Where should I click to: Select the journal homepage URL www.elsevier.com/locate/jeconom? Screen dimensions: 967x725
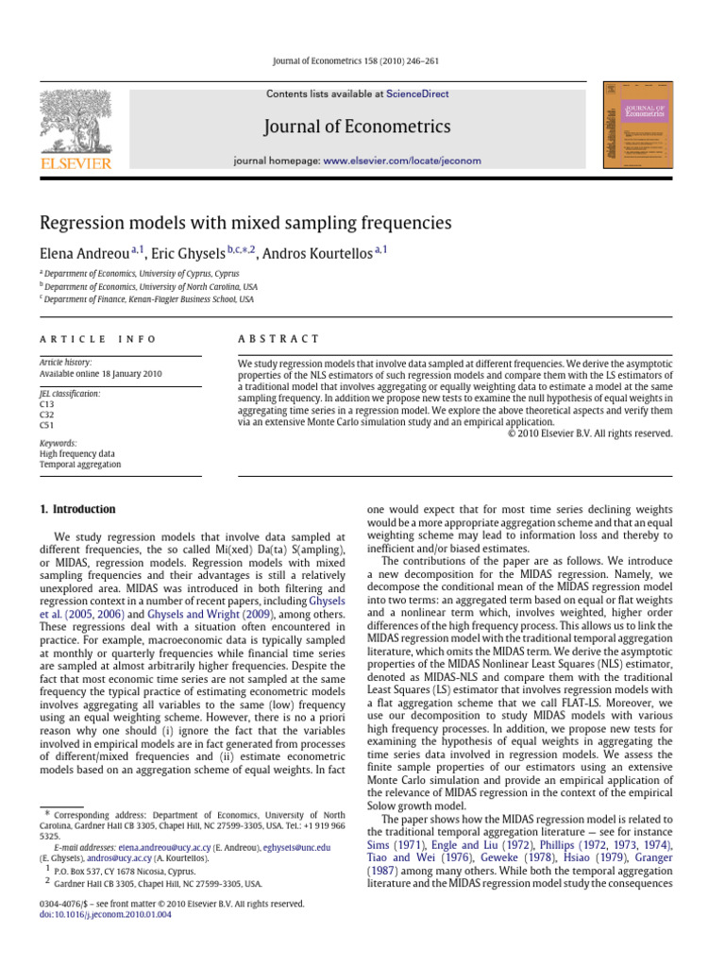pyautogui.click(x=402, y=161)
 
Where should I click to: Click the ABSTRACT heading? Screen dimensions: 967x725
pyautogui.click(x=280, y=339)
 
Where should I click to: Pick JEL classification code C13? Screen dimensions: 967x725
pyautogui.click(x=47, y=403)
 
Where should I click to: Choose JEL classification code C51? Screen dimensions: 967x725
pyautogui.click(x=47, y=425)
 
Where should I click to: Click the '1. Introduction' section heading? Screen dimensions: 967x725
pyautogui.click(x=77, y=510)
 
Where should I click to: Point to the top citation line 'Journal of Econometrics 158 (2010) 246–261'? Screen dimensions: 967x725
pyautogui.click(x=362, y=62)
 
